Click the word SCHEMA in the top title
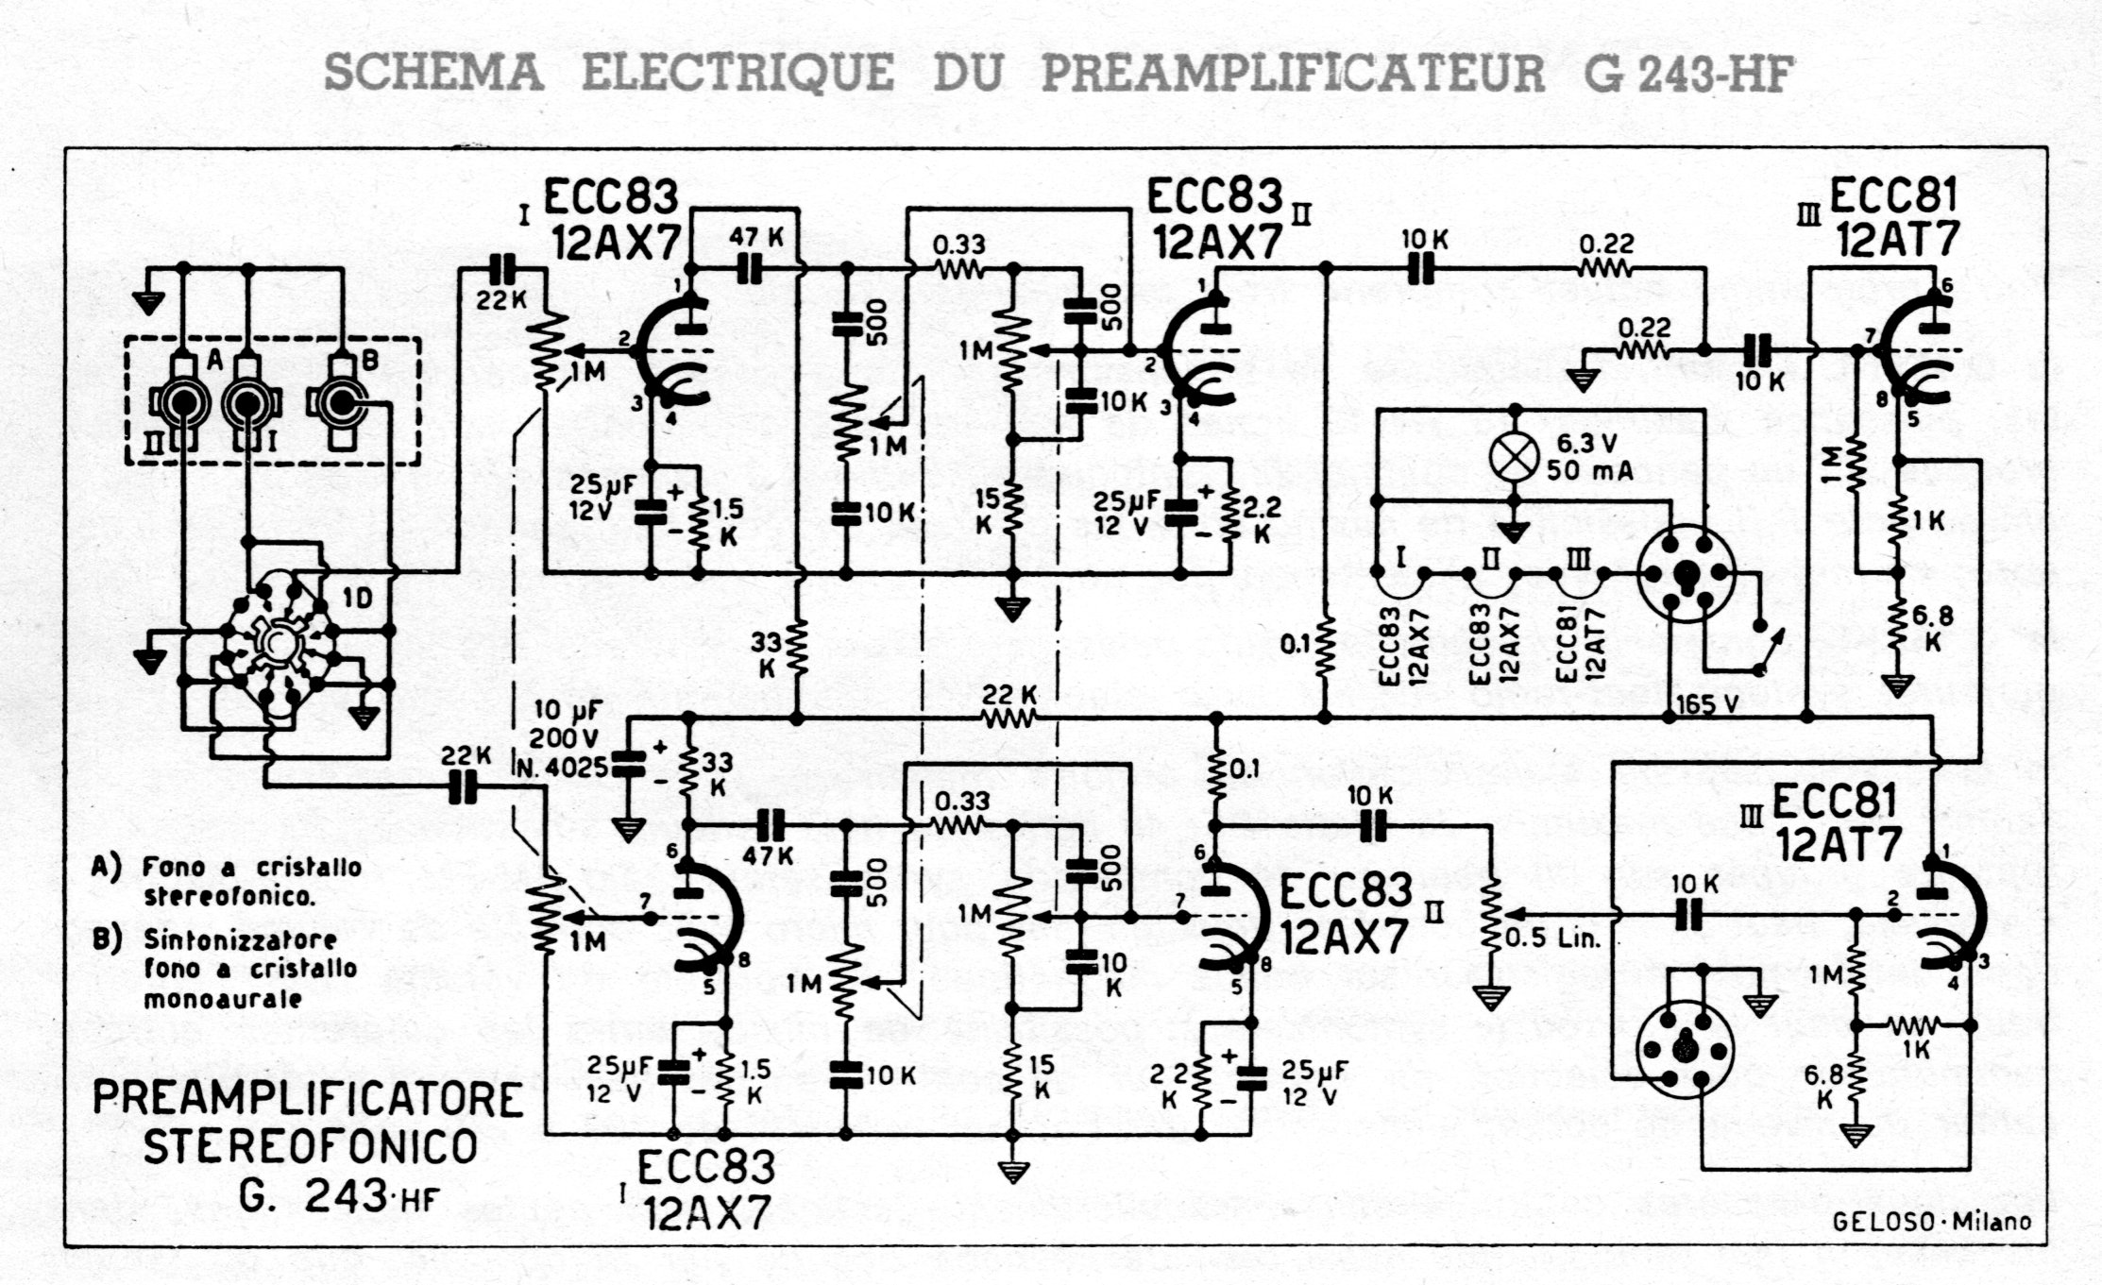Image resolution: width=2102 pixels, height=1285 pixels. (434, 74)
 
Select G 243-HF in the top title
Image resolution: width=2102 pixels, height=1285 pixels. (1688, 74)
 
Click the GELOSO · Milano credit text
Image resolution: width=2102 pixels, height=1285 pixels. (1932, 1221)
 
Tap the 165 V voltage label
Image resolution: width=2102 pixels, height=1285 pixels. (1705, 705)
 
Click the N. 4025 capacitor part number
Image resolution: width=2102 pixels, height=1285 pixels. (564, 767)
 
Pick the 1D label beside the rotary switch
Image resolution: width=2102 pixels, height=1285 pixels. (357, 598)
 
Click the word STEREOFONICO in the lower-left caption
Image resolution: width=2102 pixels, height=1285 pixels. (309, 1147)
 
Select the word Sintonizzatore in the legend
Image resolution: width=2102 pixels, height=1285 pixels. (240, 940)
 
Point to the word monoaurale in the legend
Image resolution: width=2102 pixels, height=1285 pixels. (222, 999)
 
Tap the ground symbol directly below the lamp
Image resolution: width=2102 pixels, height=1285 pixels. (1514, 533)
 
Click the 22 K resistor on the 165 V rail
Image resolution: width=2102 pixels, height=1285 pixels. (1009, 719)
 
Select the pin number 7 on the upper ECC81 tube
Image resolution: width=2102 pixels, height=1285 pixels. (1870, 336)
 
